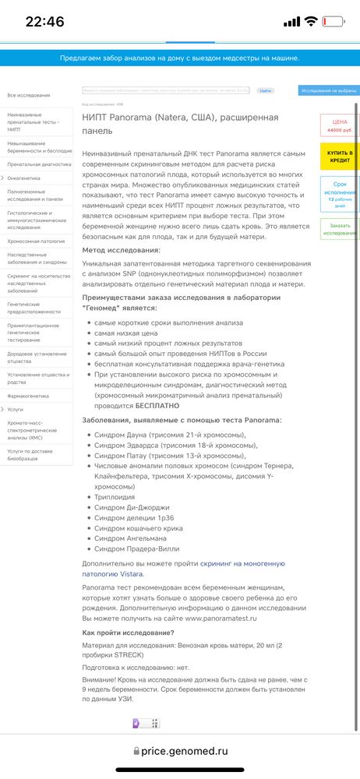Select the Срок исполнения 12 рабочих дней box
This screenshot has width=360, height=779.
click(340, 193)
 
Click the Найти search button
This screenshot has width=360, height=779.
click(266, 91)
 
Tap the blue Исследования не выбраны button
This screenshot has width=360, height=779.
click(328, 91)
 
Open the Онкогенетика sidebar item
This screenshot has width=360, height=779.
click(24, 178)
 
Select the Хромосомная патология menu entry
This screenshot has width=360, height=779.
click(36, 241)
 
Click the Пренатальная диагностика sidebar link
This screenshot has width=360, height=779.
click(40, 164)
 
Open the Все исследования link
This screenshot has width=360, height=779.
click(29, 95)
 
